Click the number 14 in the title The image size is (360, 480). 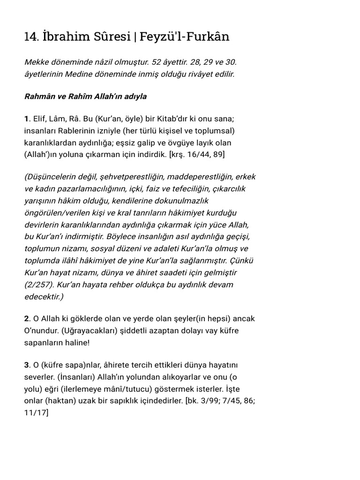tap(30, 37)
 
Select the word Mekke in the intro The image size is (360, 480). tap(37, 62)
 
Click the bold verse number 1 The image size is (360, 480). tap(26, 119)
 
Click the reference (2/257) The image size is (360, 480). tap(39, 285)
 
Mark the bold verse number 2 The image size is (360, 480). tap(27, 319)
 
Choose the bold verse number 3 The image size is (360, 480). tap(27, 365)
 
